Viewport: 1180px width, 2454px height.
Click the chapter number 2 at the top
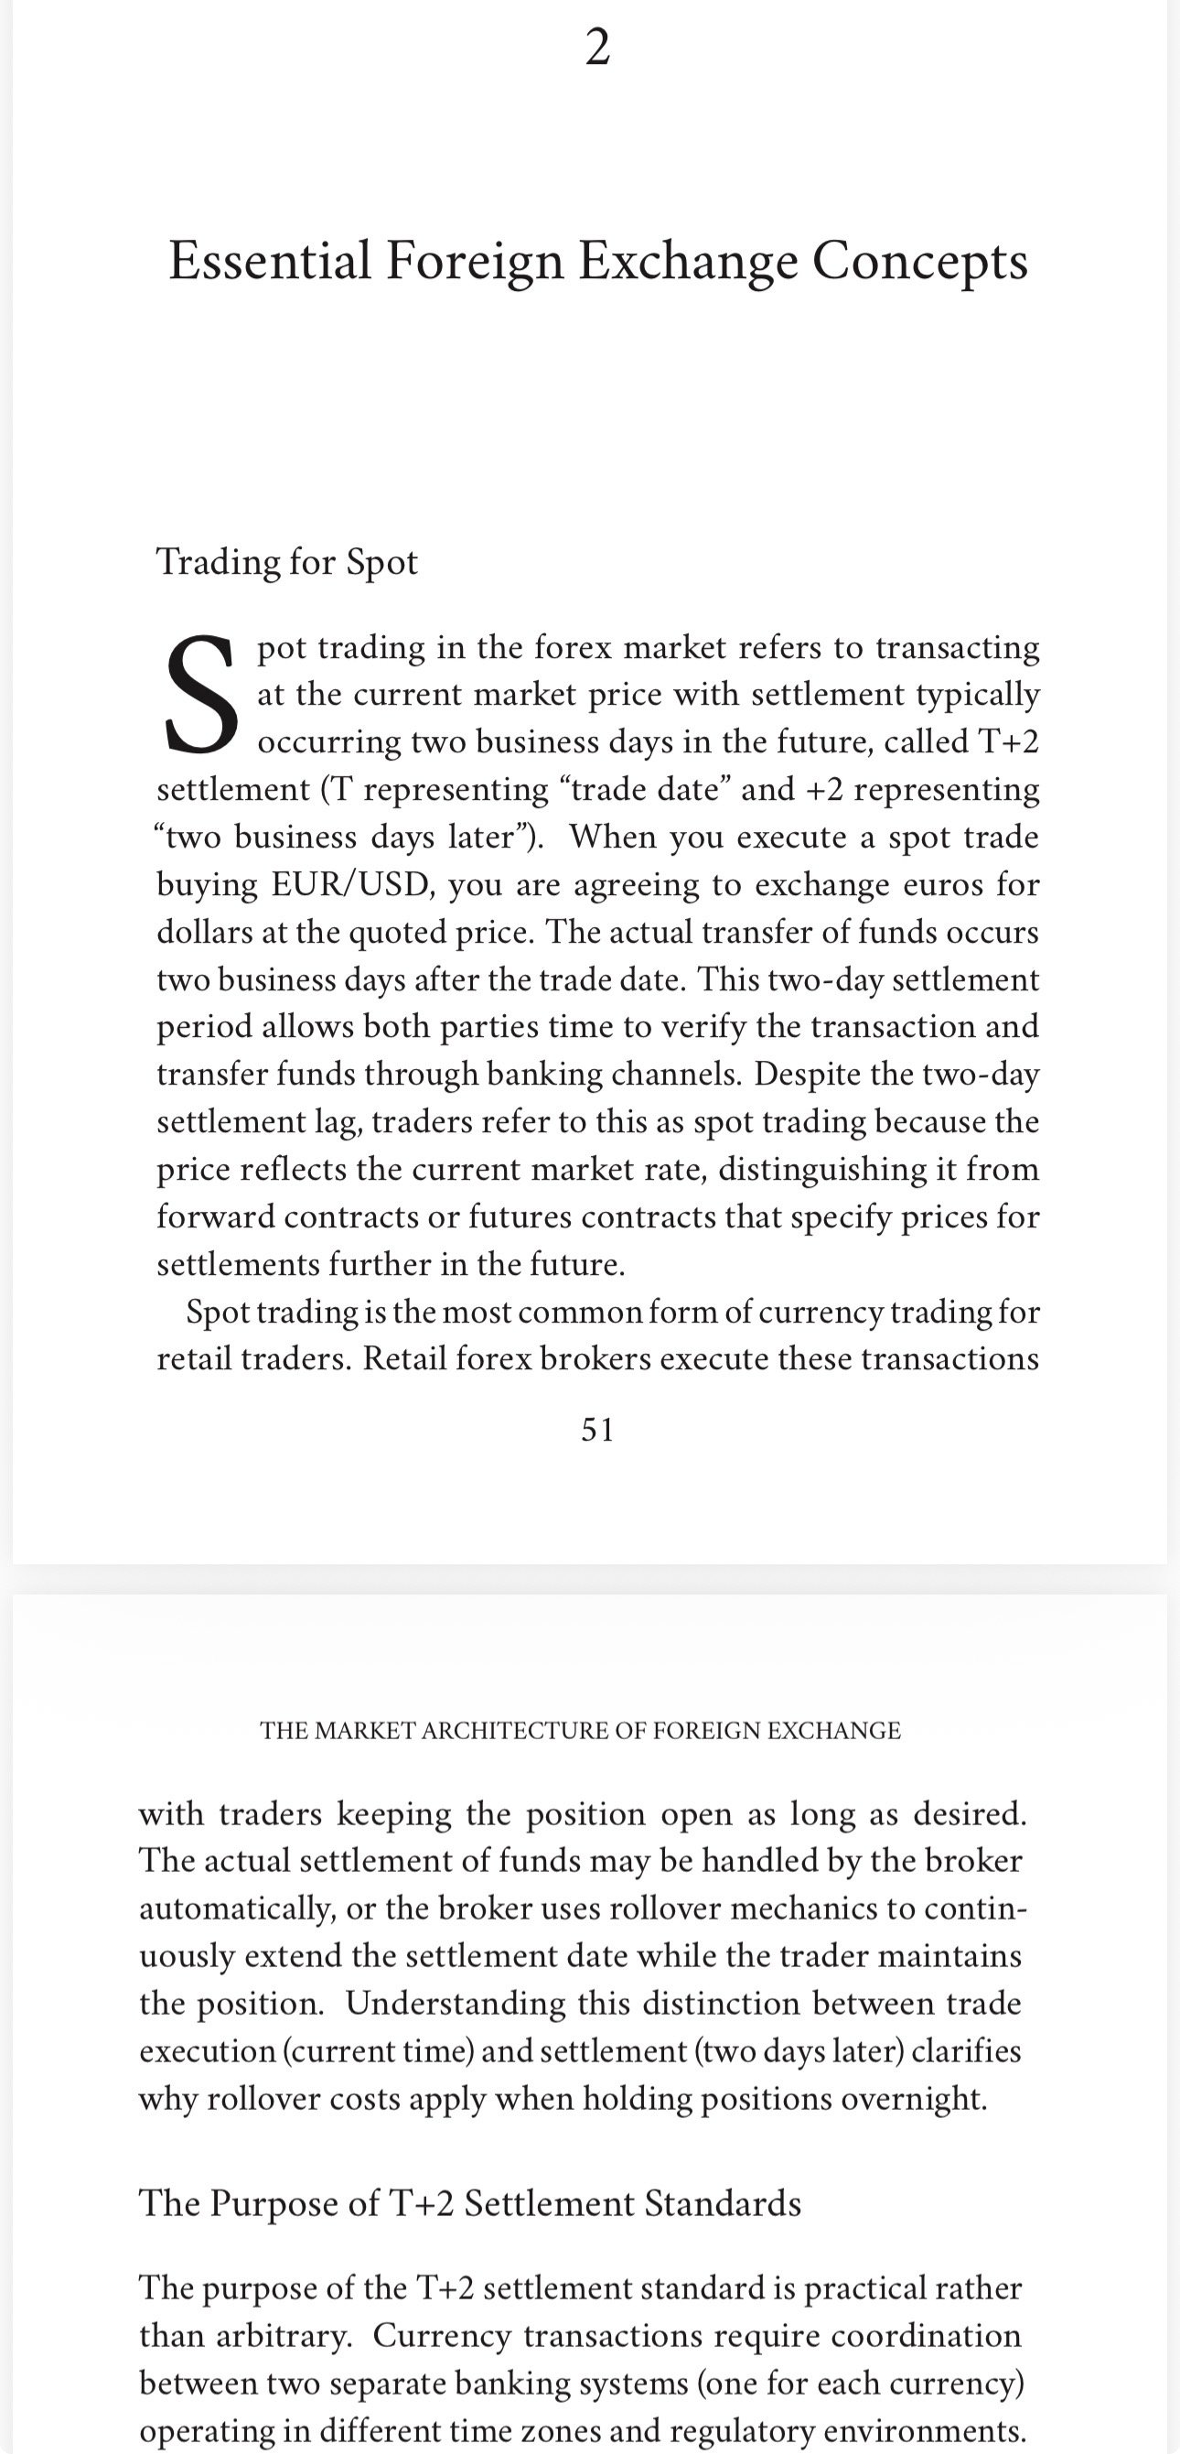597,48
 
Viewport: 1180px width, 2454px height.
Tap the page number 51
597,1429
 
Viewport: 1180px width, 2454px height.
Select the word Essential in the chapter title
270,260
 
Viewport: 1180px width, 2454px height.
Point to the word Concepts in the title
920,260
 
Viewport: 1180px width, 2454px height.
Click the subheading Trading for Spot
286,562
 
